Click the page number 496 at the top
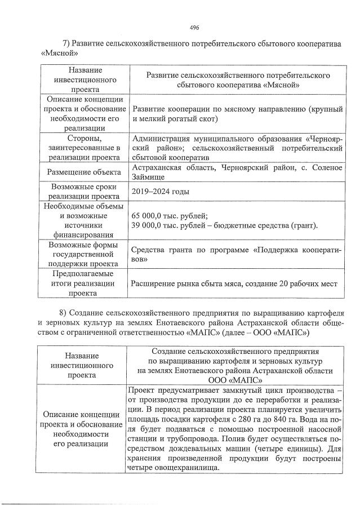(195, 28)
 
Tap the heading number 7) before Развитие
(65, 44)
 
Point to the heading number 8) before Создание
(64, 312)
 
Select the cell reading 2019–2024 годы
(159, 192)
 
